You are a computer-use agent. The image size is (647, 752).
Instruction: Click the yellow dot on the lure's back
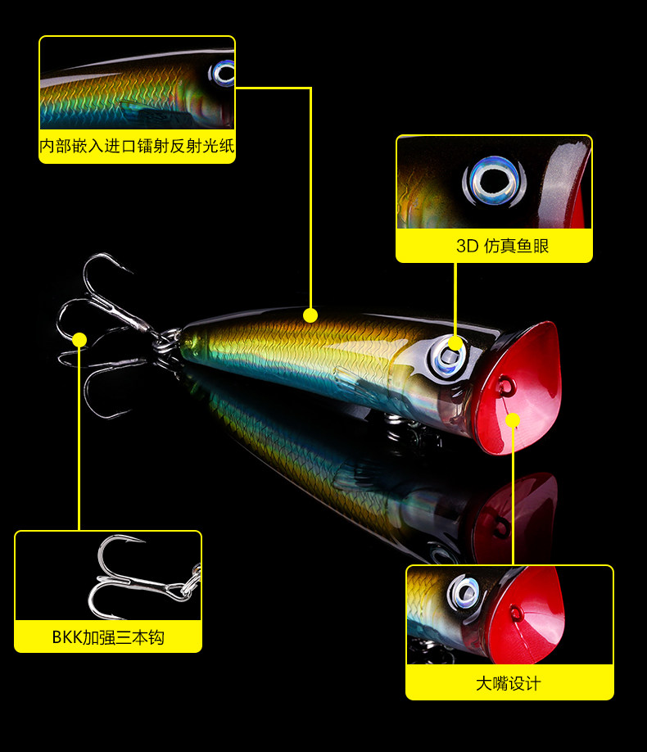310,315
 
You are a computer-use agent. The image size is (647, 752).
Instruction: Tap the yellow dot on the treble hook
79,339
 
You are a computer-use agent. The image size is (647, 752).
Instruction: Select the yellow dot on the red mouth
513,420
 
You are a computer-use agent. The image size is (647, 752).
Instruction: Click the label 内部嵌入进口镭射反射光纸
137,147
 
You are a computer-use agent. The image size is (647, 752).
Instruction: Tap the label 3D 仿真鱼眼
494,246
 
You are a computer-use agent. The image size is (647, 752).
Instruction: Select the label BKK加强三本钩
107,636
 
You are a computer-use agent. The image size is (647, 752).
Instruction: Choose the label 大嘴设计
509,682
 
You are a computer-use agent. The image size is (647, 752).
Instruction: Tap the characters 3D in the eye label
467,246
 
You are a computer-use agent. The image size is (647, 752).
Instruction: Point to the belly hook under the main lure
401,430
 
